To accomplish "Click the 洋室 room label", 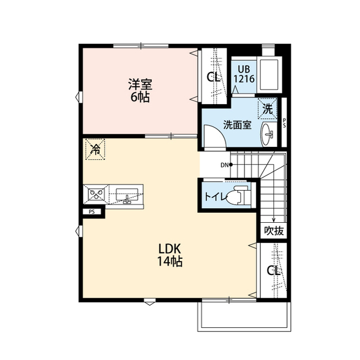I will click(x=140, y=85).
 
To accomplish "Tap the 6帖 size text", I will click(x=140, y=97).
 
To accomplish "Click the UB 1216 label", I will click(x=244, y=75).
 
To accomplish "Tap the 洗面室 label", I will click(x=237, y=124).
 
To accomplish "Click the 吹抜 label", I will click(x=274, y=231).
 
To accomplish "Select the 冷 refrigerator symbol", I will click(x=96, y=150).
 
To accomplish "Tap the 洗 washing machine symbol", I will click(x=268, y=109).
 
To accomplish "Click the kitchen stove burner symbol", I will click(x=94, y=196).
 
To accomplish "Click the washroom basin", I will click(x=269, y=134).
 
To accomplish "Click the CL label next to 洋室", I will click(x=213, y=78).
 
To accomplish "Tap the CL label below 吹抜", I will click(x=273, y=271).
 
